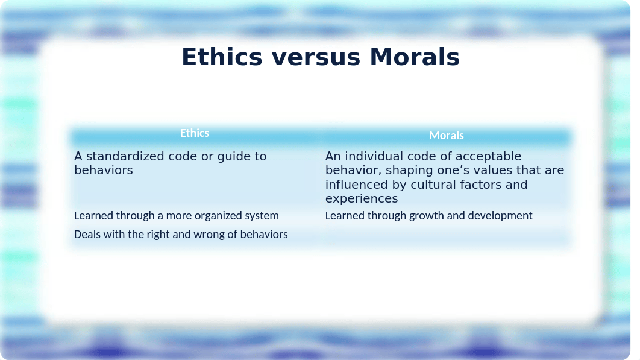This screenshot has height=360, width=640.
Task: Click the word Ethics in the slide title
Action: point(222,57)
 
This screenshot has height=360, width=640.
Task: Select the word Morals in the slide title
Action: point(415,57)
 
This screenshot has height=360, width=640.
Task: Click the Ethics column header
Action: point(195,133)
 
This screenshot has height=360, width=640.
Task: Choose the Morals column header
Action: point(447,135)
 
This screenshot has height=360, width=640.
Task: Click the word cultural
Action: point(433,185)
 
